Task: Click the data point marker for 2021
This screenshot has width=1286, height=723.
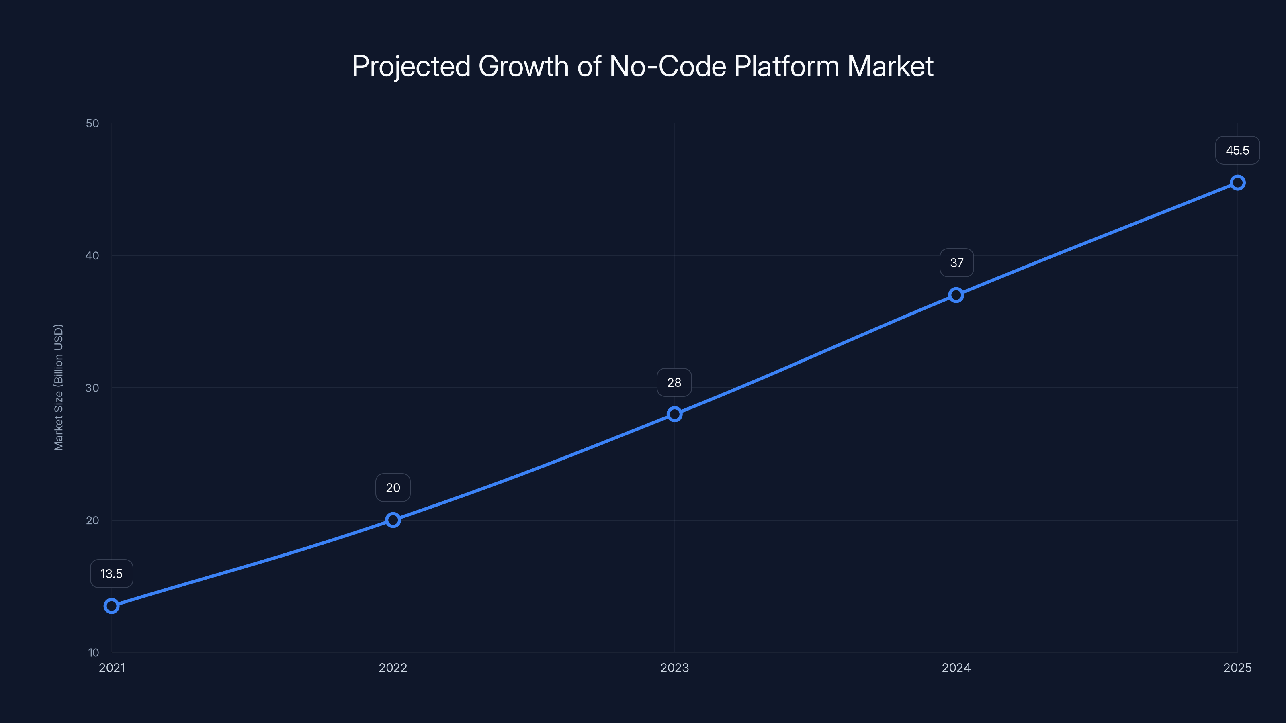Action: point(111,606)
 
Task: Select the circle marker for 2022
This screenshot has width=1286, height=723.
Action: point(393,520)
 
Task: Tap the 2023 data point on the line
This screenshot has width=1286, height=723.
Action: point(674,414)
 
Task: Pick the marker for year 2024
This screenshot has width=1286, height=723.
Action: point(956,295)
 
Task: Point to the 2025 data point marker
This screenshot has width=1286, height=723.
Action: point(1237,183)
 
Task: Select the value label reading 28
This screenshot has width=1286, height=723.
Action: point(674,383)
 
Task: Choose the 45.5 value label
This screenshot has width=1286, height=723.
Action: point(1237,150)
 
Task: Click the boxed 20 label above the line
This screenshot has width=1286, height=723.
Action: point(393,488)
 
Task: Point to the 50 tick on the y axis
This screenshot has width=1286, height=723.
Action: point(92,123)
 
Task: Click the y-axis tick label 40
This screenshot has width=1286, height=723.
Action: point(92,255)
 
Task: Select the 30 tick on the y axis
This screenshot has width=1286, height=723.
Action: point(92,388)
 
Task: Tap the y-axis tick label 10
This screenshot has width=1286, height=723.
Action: point(93,652)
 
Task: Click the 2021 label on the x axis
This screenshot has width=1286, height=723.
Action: point(112,668)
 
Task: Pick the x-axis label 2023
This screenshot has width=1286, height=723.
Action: point(674,668)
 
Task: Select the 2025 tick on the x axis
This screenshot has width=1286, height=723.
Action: point(1237,668)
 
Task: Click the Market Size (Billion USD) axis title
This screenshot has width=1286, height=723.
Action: point(58,387)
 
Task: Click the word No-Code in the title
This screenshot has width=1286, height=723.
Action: point(668,66)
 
